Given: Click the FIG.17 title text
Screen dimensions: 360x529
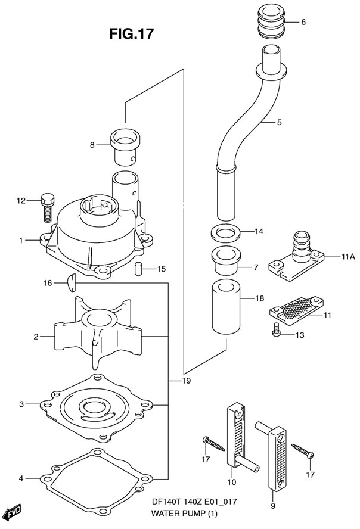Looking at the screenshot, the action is click(131, 34).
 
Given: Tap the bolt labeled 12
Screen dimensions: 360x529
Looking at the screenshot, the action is click(48, 207).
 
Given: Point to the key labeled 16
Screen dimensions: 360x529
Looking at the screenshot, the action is click(72, 283).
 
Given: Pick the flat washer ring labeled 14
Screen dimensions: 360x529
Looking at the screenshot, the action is click(225, 232).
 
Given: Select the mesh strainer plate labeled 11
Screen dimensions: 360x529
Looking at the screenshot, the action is click(295, 309).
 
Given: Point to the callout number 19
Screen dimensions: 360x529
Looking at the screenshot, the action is click(186, 381).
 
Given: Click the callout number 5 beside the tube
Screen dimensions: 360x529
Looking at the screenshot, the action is click(279, 122).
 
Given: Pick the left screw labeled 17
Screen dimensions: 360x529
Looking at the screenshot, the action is click(213, 443).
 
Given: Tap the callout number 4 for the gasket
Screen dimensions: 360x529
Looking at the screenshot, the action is click(21, 478).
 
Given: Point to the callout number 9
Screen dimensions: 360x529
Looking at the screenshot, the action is click(273, 505).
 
